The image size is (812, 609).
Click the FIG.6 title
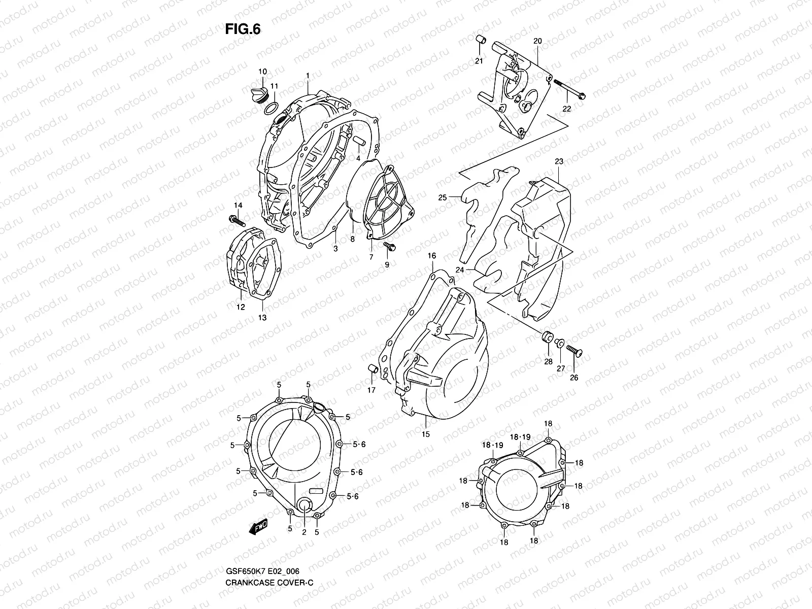click(x=243, y=30)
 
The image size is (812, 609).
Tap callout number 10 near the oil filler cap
click(x=262, y=72)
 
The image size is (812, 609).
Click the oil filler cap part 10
click(x=259, y=95)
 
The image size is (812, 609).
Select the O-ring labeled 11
click(x=272, y=108)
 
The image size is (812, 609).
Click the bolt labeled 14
click(x=236, y=222)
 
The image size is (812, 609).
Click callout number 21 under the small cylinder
click(x=479, y=61)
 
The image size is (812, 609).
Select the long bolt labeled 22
click(x=569, y=89)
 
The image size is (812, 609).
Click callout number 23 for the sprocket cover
click(x=559, y=162)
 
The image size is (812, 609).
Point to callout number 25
click(x=443, y=197)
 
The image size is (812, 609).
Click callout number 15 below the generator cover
click(x=425, y=434)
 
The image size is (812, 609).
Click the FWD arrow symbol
click(x=258, y=527)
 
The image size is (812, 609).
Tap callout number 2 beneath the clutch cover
click(x=303, y=532)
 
